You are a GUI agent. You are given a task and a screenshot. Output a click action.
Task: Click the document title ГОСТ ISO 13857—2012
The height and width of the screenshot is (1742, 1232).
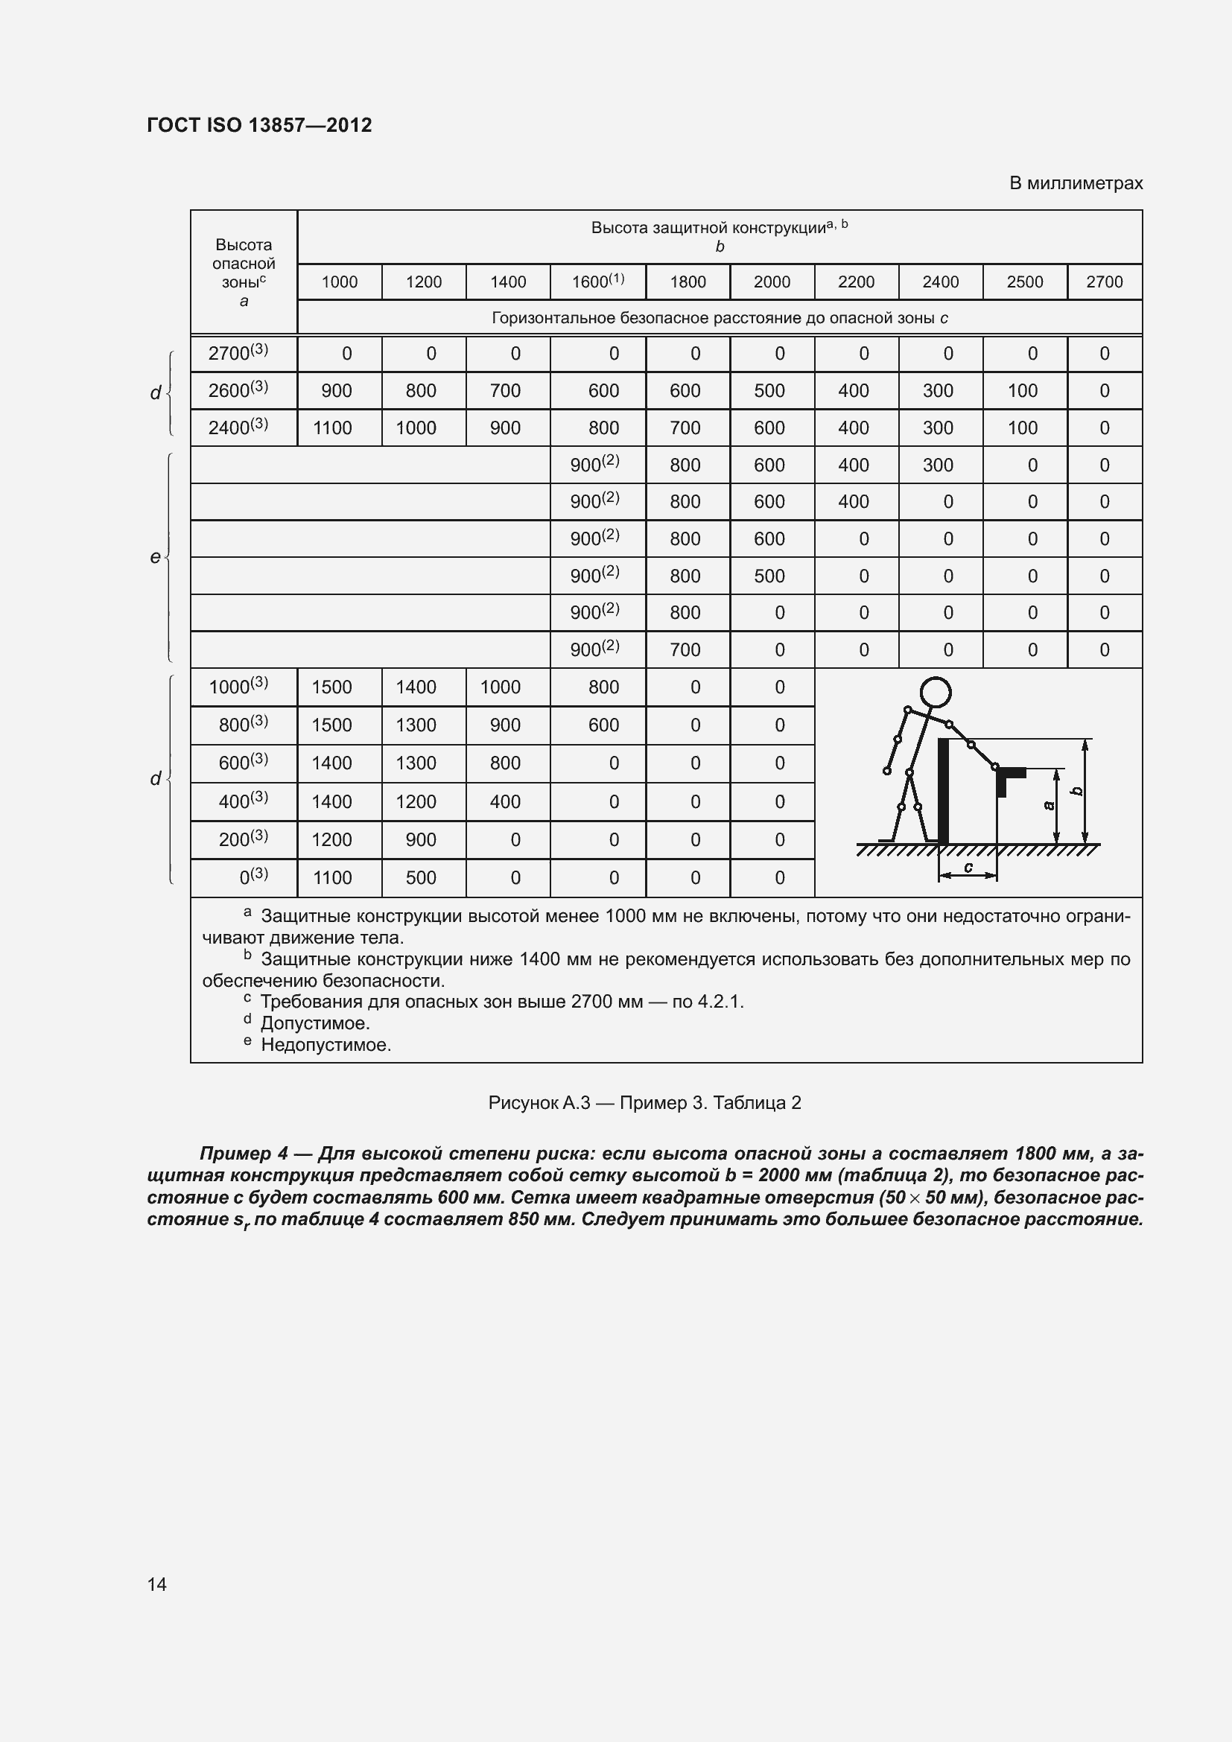pos(259,125)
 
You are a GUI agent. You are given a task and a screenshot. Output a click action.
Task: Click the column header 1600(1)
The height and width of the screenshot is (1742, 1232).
pos(598,282)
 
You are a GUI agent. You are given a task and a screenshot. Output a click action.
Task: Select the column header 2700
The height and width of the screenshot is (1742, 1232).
pos(1104,282)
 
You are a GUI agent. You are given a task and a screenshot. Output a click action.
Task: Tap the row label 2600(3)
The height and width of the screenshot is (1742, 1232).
pos(238,390)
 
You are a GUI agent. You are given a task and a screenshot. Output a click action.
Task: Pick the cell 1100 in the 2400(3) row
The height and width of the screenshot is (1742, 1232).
pos(332,428)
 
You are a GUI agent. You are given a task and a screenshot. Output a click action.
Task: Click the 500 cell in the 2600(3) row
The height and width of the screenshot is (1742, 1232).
pos(769,391)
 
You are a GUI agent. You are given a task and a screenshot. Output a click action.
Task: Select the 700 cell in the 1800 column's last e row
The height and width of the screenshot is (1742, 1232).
pos(685,649)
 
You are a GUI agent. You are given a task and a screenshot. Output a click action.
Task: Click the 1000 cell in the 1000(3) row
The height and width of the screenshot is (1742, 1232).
pos(500,687)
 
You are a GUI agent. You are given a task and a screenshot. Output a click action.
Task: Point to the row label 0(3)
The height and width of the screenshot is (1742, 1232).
pos(253,877)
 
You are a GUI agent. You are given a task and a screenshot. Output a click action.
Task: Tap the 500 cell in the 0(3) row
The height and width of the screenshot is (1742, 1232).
pos(420,878)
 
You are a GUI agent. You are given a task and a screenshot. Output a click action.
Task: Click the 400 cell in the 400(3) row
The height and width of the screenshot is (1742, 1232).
pos(504,802)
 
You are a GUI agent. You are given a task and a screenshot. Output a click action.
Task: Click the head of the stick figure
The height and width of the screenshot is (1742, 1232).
pos(936,692)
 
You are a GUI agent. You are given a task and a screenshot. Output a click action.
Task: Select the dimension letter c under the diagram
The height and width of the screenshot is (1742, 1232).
pos(968,866)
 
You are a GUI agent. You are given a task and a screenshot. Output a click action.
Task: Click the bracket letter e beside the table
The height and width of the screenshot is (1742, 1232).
pos(155,558)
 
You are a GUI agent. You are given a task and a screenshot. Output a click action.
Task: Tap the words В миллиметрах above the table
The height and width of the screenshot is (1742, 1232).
pos(1075,184)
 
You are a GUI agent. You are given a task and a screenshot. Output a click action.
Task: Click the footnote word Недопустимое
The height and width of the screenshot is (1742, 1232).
pos(326,1045)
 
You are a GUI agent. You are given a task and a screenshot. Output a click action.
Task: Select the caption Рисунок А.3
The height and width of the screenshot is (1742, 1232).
pos(539,1103)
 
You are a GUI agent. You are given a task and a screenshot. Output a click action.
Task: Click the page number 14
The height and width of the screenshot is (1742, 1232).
pos(157,1584)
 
